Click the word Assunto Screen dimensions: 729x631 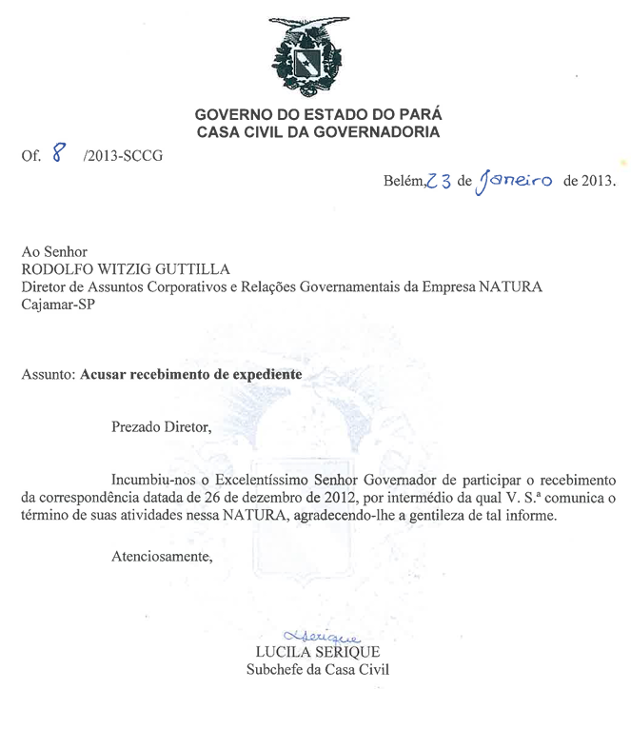point(48,375)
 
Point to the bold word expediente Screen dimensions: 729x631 point(260,375)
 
